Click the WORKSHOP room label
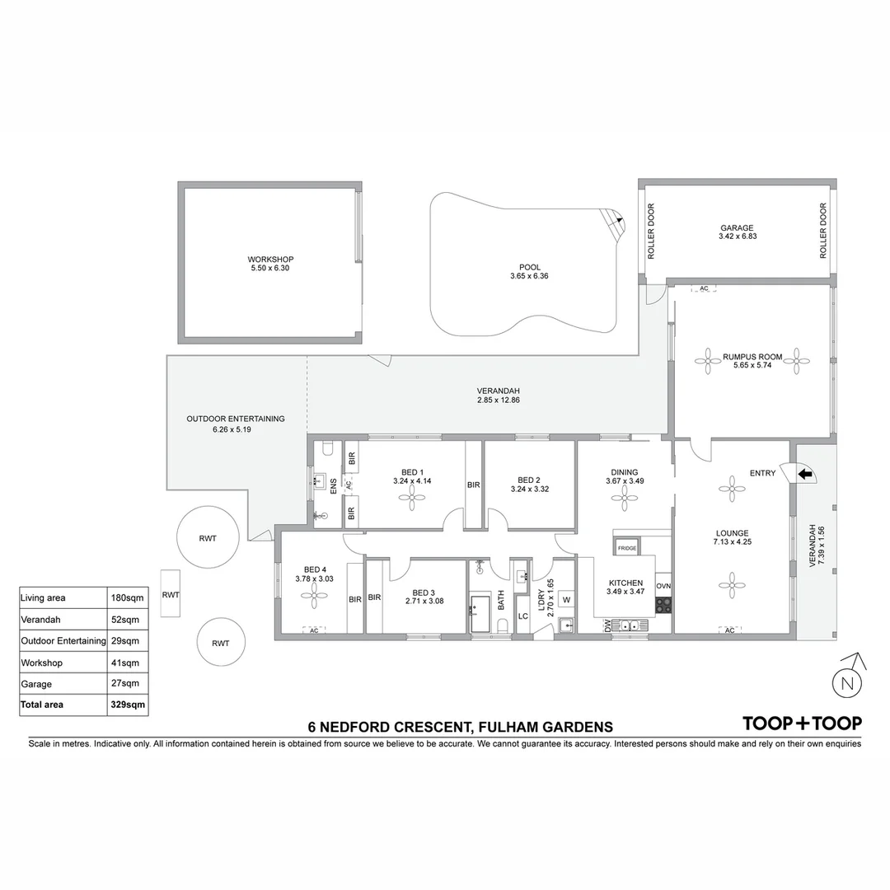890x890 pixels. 270,259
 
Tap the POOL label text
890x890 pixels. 529,267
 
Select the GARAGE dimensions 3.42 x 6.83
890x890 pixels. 736,237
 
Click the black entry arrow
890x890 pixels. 805,474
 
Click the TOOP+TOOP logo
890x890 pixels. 802,724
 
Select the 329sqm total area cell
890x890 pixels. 129,705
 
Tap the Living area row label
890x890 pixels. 43,597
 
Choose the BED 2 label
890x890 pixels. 529,480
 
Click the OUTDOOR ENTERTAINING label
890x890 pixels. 236,419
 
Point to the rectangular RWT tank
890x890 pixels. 171,594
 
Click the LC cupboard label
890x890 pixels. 522,616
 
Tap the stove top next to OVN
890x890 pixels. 663,605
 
